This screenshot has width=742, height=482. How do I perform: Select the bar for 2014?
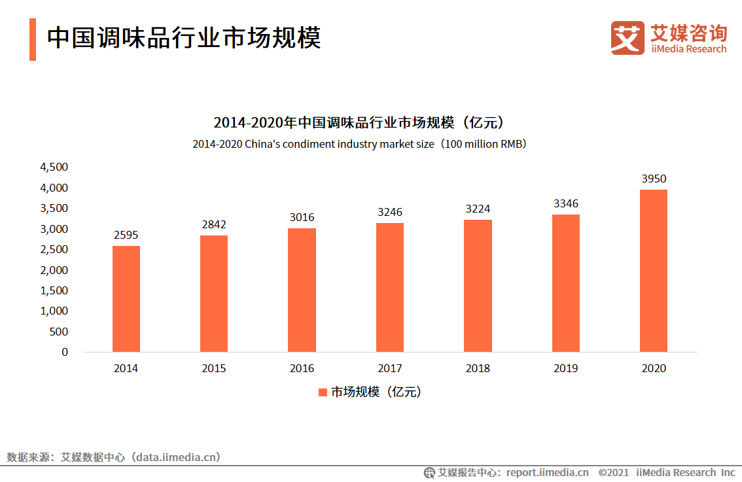[x=126, y=299]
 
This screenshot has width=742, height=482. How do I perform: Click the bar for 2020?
[x=654, y=271]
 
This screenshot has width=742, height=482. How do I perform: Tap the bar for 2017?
[x=390, y=288]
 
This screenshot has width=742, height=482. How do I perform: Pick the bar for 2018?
[x=478, y=286]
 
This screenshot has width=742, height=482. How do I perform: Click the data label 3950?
[x=654, y=179]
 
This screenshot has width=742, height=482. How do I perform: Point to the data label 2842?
[x=214, y=224]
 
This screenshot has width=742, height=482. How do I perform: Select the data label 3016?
[x=302, y=217]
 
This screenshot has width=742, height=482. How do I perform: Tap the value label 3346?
[x=565, y=203]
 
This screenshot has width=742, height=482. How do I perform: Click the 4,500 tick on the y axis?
[x=54, y=167]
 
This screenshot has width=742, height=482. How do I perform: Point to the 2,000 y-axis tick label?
[x=54, y=270]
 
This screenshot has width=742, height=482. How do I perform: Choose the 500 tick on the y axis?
[x=60, y=332]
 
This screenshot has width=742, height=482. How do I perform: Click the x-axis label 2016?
[x=302, y=369]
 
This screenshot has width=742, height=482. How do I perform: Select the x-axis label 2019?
[x=565, y=369]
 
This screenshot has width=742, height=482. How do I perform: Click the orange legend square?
[x=323, y=392]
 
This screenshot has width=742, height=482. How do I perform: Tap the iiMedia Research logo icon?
[x=627, y=38]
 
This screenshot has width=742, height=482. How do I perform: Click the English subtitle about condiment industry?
[x=359, y=145]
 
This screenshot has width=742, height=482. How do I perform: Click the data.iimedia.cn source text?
[x=177, y=457]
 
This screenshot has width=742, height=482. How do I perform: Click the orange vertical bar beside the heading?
[x=32, y=39]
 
